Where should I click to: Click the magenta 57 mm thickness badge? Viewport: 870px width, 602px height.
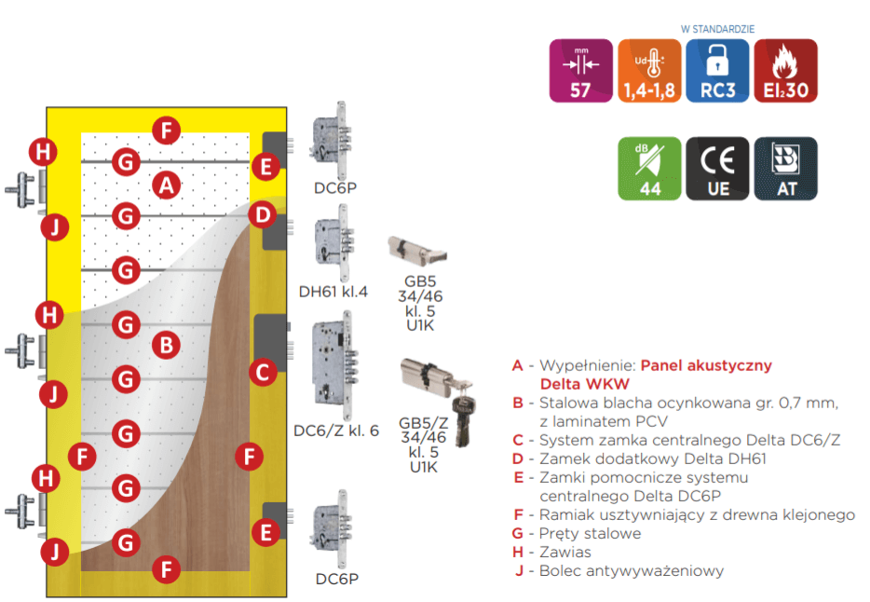click(581, 70)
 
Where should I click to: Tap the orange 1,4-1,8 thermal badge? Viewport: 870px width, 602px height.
click(649, 70)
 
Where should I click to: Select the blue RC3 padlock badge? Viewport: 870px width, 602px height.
click(717, 70)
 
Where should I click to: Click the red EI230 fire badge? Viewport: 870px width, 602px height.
click(785, 70)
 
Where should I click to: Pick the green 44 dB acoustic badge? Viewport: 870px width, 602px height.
click(649, 169)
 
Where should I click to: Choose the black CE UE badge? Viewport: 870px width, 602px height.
click(717, 169)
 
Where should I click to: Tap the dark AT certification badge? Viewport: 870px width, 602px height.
click(785, 169)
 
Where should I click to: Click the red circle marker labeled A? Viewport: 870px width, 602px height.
click(166, 185)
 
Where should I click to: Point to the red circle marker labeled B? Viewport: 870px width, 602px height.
click(166, 346)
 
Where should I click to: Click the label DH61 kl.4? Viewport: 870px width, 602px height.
click(333, 292)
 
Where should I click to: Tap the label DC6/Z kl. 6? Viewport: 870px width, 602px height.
click(336, 431)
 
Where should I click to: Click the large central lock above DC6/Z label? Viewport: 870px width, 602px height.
click(333, 371)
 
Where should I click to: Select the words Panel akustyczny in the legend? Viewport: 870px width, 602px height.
click(706, 365)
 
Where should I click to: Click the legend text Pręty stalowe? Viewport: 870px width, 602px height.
click(590, 534)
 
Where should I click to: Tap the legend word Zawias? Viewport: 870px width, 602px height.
click(564, 553)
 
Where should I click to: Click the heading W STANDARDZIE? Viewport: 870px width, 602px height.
click(716, 29)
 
